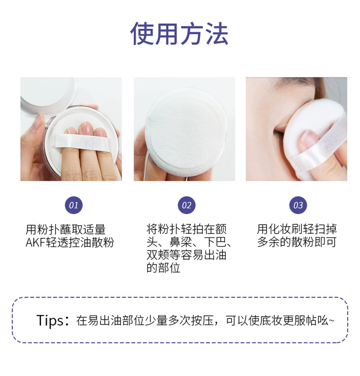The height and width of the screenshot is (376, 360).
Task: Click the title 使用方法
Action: (x=180, y=33)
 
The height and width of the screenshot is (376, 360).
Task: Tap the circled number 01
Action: (x=74, y=205)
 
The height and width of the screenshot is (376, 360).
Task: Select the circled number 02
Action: (x=186, y=205)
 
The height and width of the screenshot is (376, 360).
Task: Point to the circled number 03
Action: (x=298, y=205)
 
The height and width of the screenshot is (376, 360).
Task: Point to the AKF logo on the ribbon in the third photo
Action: (x=331, y=141)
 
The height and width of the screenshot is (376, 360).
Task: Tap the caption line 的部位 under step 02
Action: (x=163, y=268)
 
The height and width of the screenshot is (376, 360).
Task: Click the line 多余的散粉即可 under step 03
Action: (x=297, y=242)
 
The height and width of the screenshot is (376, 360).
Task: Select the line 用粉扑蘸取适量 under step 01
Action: (x=66, y=230)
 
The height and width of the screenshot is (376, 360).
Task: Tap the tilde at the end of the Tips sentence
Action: (x=331, y=320)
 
